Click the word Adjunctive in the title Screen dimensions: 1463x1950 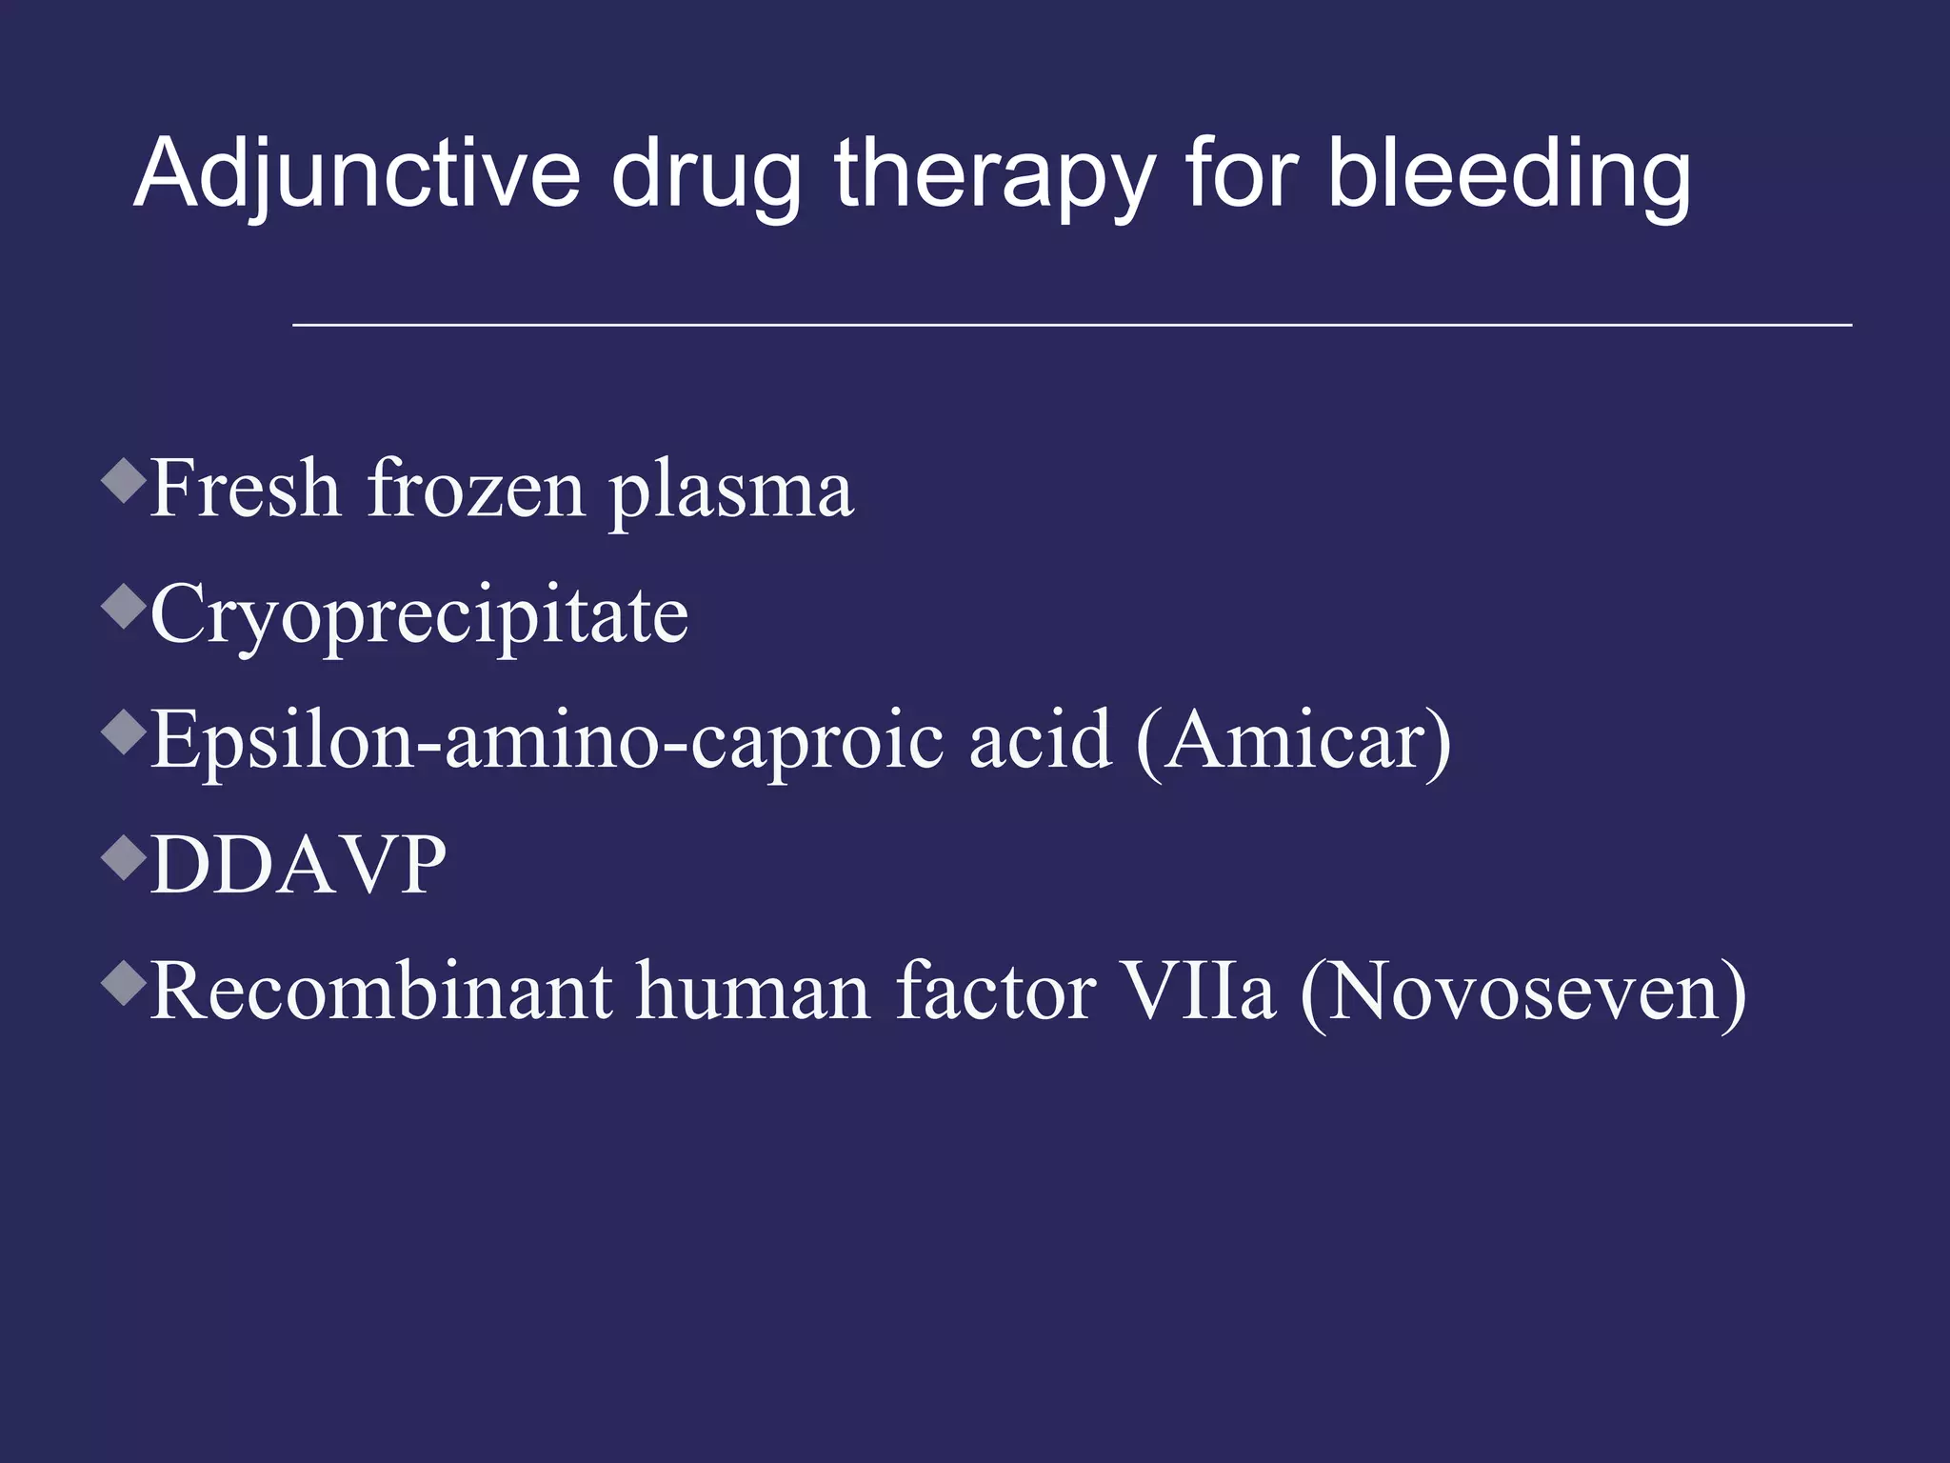(x=357, y=173)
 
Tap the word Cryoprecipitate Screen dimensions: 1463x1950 (x=419, y=616)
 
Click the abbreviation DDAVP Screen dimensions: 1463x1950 (x=298, y=865)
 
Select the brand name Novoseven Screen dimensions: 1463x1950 (x=1523, y=992)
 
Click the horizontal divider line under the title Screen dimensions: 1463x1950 (x=1071, y=326)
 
